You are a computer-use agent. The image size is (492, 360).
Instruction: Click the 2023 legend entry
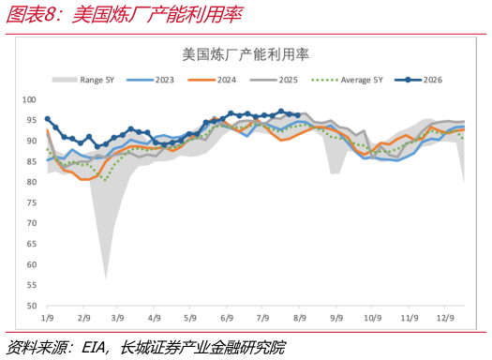150,80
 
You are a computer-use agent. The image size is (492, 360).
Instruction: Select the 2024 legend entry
212,80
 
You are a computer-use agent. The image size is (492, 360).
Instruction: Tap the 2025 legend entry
274,80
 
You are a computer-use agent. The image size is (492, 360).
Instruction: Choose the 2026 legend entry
418,80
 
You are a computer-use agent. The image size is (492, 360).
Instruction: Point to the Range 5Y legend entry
83,80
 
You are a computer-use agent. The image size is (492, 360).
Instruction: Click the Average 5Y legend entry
347,80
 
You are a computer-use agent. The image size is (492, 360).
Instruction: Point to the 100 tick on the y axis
29,99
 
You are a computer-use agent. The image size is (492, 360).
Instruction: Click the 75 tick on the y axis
31,202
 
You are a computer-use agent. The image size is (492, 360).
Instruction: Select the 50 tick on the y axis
31,306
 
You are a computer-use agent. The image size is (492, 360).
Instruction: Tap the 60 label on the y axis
31,264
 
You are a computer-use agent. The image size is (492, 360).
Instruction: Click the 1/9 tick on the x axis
48,318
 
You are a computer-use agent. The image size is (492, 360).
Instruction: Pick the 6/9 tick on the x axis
227,318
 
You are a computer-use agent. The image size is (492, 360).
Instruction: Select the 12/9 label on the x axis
445,318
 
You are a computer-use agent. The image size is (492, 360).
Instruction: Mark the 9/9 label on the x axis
336,318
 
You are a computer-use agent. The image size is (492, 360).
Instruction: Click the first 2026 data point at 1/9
48,119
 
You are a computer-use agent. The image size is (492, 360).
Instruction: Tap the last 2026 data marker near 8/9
298,115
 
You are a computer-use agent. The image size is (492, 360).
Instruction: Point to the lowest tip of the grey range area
106,279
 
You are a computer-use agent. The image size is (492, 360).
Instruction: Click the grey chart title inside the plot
246,54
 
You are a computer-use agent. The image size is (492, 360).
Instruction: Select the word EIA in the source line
93,348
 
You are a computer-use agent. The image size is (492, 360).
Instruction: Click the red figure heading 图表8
30,15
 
